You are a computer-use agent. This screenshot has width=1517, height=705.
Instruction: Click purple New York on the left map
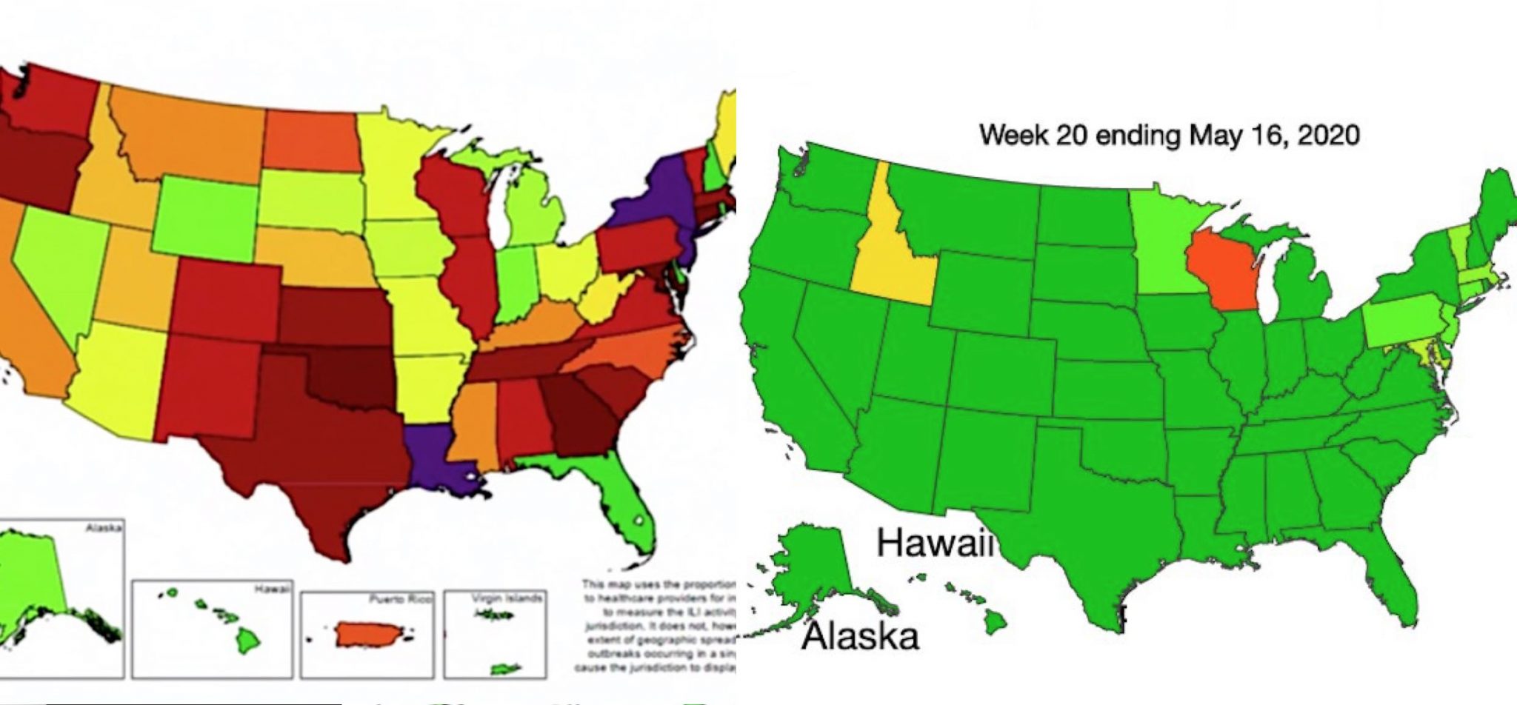(655, 193)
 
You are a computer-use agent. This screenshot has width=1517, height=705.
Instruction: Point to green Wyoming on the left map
(206, 218)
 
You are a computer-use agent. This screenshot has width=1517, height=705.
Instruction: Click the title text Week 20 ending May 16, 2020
(1169, 136)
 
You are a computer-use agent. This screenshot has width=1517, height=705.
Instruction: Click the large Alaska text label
(859, 635)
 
